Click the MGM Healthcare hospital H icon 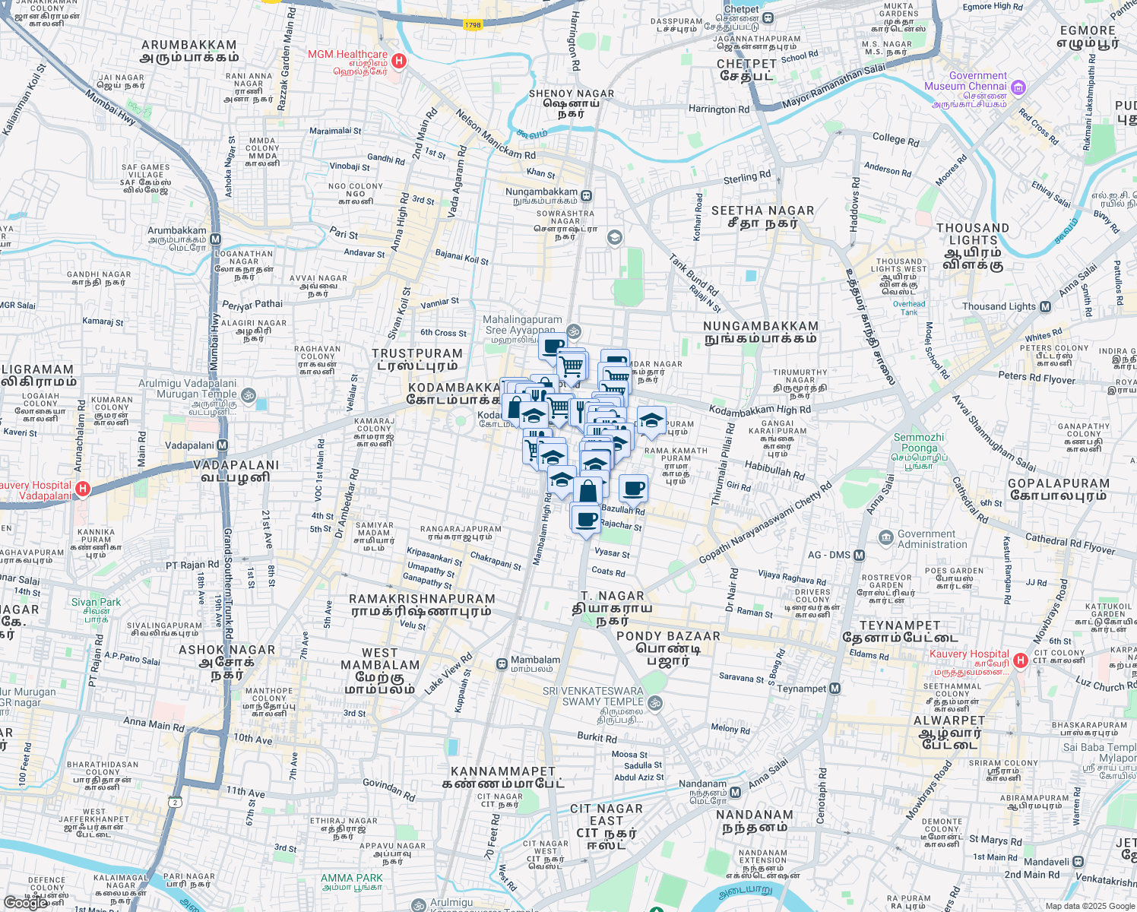399,61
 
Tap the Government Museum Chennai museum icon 1018,87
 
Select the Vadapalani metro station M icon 222,445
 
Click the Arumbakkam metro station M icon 215,239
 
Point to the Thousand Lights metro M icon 1045,307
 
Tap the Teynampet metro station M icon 835,689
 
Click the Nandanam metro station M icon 735,793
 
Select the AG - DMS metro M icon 859,556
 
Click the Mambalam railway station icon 502,664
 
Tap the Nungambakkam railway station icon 587,195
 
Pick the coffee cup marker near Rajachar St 585,520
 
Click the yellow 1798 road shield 473,25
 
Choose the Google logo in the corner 25,903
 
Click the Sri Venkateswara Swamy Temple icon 655,704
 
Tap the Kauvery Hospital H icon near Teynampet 1021,660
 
